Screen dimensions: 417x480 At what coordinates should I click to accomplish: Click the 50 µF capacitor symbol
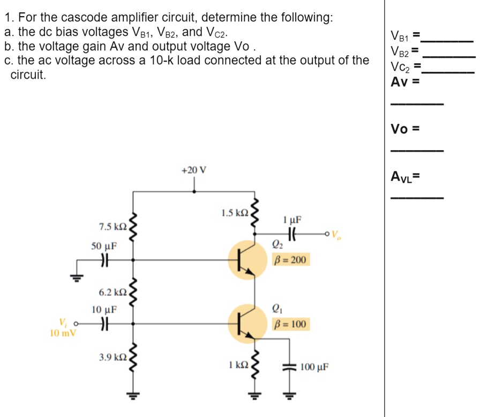coord(104,260)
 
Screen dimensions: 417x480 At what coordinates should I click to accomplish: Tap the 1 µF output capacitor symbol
coord(292,234)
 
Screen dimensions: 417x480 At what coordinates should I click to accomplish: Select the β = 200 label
coord(290,260)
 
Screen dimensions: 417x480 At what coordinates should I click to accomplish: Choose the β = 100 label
coord(290,324)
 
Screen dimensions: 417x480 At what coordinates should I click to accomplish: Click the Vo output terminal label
coord(336,234)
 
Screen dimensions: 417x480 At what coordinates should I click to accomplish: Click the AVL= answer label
coord(405,176)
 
